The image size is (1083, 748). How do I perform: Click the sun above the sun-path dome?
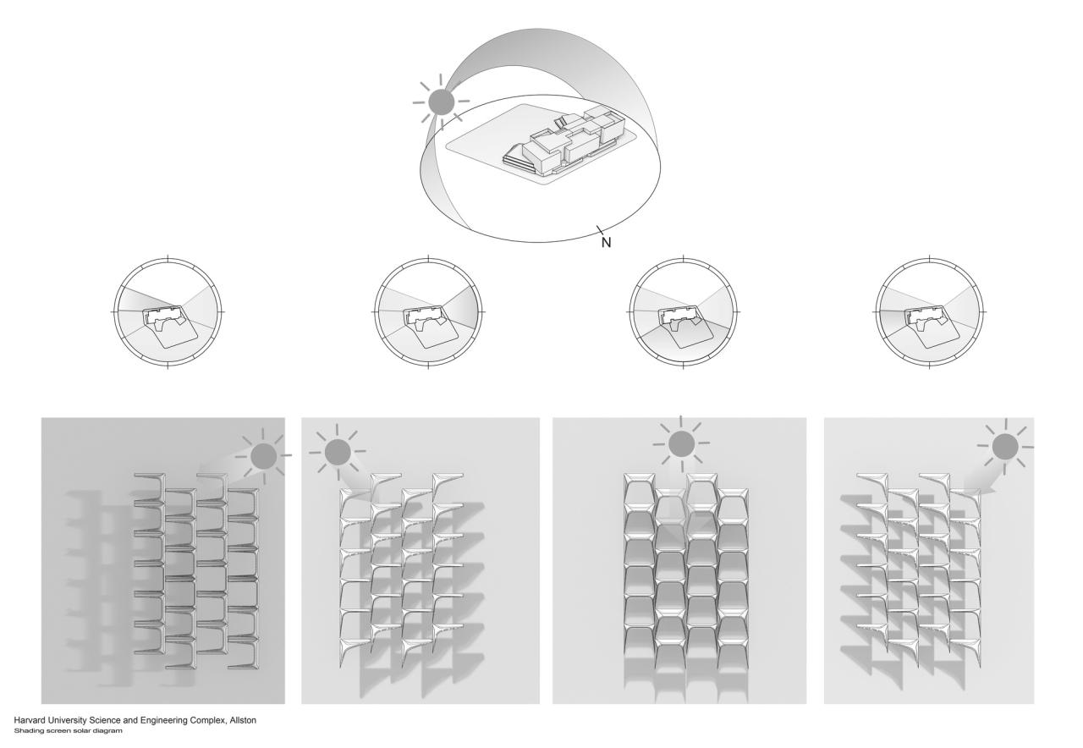[441, 102]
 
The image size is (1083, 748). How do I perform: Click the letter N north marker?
[606, 242]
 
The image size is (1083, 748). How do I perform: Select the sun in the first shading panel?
[263, 455]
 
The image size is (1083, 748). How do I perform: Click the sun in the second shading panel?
[337, 452]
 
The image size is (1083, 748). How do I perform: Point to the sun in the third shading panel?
[681, 443]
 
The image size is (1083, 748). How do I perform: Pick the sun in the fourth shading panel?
[1005, 446]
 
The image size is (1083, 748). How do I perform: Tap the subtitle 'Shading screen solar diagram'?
[69, 730]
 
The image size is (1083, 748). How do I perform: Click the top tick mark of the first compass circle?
[168, 259]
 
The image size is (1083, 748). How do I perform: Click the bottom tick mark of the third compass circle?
[683, 365]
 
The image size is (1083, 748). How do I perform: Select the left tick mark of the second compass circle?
[376, 312]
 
